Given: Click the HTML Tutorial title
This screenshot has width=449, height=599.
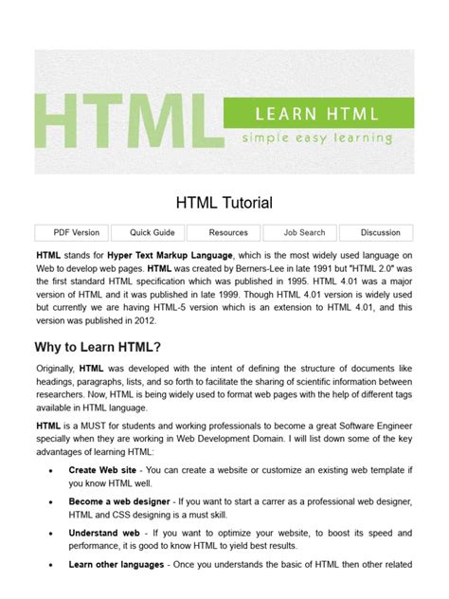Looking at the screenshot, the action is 224,202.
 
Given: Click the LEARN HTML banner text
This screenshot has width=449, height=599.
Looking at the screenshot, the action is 316,115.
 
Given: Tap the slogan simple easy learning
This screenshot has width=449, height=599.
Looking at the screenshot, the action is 316,137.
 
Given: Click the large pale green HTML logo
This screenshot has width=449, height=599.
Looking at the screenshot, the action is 123,121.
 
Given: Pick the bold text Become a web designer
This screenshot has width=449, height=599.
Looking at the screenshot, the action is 119,501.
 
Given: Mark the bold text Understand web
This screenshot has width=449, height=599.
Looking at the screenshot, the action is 103,534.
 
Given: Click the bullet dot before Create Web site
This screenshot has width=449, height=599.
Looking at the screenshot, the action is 48,469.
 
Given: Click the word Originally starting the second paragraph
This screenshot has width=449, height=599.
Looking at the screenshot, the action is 55,367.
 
